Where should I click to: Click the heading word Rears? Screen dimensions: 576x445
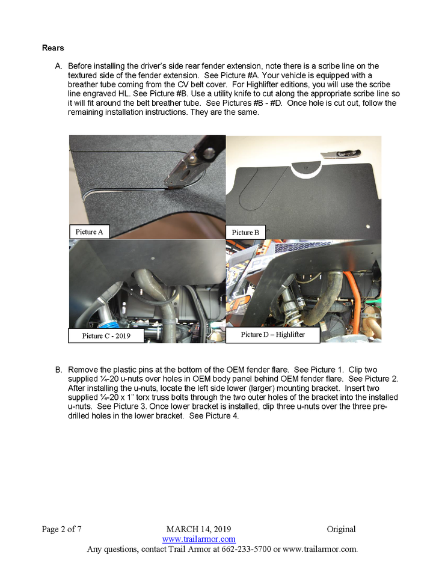pyautogui.click(x=53, y=47)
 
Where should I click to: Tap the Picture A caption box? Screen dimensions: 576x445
pyautogui.click(x=89, y=231)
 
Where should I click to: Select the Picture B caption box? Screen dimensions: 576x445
pyautogui.click(x=246, y=232)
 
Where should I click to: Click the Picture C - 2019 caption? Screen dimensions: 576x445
pyautogui.click(x=106, y=335)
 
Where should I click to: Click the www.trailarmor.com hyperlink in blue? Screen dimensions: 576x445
pyautogui.click(x=198, y=539)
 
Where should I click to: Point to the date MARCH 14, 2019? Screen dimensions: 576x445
pyautogui.click(x=198, y=529)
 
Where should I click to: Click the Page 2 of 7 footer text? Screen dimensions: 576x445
pyautogui.click(x=61, y=529)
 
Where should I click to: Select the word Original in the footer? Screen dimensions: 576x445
pyautogui.click(x=341, y=529)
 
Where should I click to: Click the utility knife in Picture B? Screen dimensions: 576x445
pyautogui.click(x=339, y=156)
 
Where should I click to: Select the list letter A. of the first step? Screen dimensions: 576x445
pyautogui.click(x=59, y=66)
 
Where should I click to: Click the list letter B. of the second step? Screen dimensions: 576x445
pyautogui.click(x=59, y=369)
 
